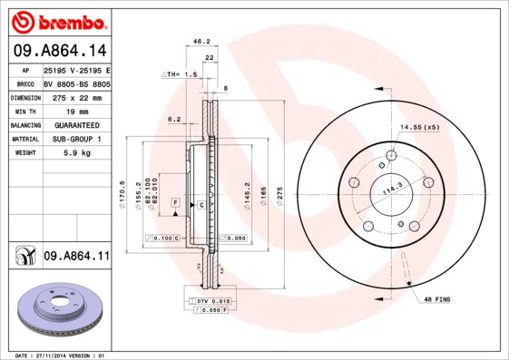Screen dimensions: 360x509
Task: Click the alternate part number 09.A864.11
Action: tap(75, 258)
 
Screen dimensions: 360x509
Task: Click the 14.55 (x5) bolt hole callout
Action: tap(419, 127)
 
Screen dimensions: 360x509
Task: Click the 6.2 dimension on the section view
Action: tap(175, 119)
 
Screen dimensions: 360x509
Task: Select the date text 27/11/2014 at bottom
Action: tap(61, 355)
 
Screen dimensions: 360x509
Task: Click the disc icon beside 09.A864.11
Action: tap(24, 258)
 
